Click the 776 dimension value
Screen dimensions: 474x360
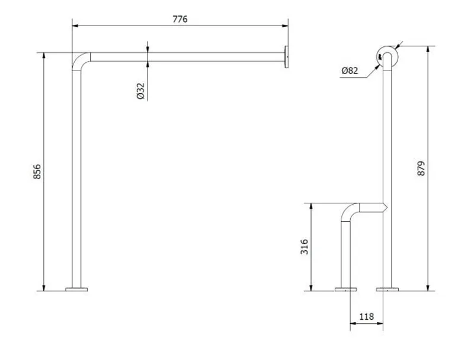tap(180, 19)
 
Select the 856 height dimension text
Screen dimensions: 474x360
tap(37, 171)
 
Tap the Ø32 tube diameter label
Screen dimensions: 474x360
tap(140, 91)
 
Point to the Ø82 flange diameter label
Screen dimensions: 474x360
tap(350, 71)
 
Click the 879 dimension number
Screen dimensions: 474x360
tap(421, 168)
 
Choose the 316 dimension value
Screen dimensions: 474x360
tap(305, 247)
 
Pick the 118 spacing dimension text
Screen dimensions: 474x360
tap(366, 317)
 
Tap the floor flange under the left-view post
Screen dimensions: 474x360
tap(76, 289)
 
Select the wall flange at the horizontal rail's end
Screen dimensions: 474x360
tap(286, 57)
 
